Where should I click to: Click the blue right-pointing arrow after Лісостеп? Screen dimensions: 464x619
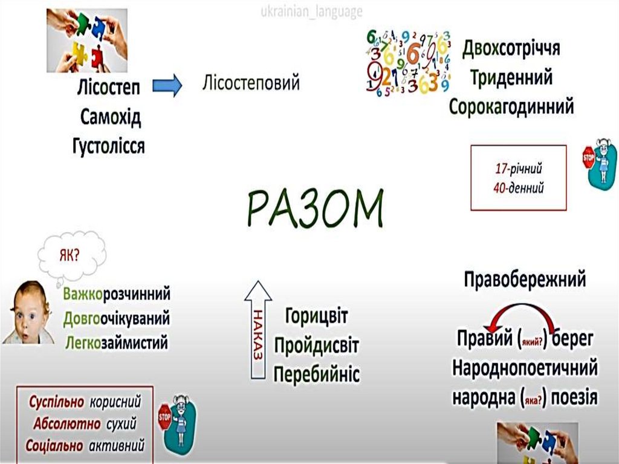pos(167,86)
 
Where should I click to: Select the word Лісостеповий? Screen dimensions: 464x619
pos(251,83)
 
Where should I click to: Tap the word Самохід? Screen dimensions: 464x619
pos(111,117)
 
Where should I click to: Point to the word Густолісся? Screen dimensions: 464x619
pos(108,146)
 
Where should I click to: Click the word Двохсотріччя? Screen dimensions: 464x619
pos(511,48)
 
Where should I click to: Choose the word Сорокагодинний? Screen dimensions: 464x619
pos(511,107)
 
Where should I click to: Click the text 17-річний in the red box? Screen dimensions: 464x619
pos(518,168)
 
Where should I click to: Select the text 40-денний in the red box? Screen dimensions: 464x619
pos(518,188)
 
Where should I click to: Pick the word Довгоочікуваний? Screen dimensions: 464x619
pos(116,318)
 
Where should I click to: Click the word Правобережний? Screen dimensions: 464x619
pos(525,279)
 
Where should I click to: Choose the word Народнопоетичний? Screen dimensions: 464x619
pos(525,368)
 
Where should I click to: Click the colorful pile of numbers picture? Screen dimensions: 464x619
pos(408,63)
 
